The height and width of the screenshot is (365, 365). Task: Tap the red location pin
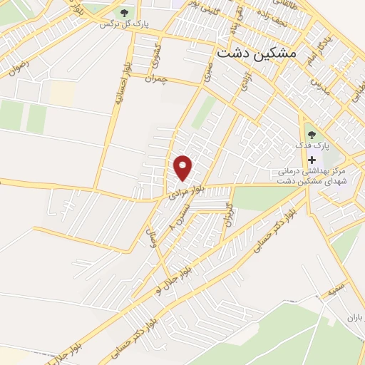pyautogui.click(x=184, y=168)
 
